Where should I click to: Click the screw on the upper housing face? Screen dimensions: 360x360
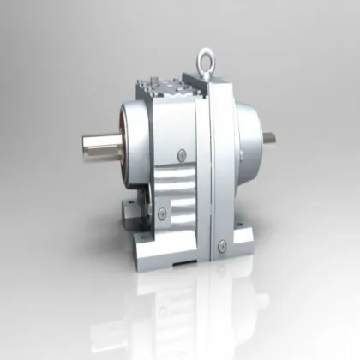[x=181, y=154]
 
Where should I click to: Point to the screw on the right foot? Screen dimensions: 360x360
[x=220, y=248]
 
